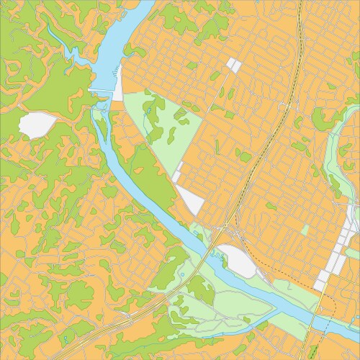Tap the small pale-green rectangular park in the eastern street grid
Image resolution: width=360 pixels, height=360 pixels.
[305, 230]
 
